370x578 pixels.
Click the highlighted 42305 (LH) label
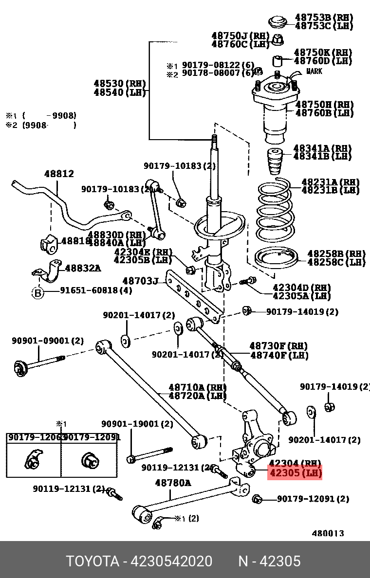point(295,472)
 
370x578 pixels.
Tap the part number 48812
point(59,174)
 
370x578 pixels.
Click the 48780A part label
point(173,483)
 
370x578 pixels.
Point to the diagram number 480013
point(328,533)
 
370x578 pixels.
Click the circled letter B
point(38,292)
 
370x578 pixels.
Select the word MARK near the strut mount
point(314,72)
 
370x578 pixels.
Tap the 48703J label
point(140,281)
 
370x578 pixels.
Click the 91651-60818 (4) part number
point(96,291)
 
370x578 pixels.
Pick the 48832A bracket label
point(83,268)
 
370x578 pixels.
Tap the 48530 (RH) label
point(119,83)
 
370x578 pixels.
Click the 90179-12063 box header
point(34,437)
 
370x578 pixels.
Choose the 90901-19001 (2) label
point(137,424)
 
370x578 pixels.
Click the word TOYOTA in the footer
point(92,561)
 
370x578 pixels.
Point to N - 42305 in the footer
point(269,561)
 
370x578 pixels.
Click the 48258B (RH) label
point(336,253)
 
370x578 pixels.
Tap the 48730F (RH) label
point(278,346)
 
